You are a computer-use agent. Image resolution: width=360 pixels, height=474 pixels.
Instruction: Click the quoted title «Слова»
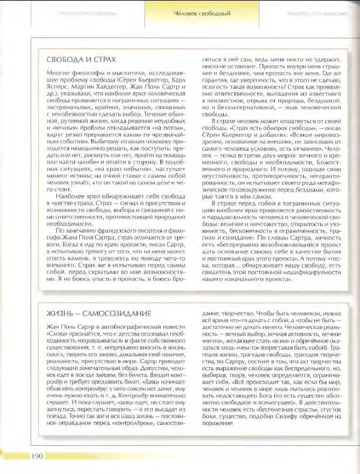[58, 336]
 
